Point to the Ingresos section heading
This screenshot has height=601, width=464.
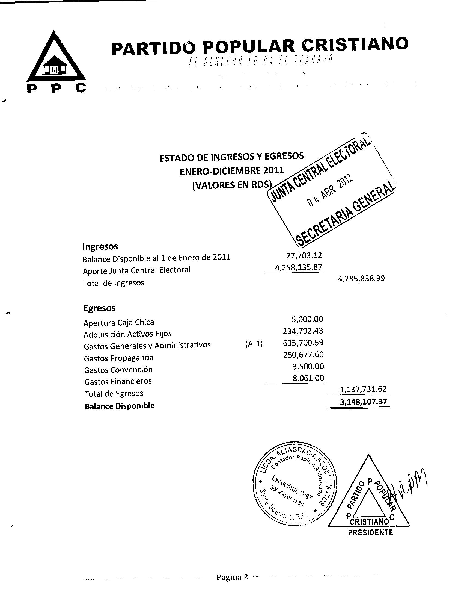click(100, 246)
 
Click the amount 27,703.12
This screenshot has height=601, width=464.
click(304, 255)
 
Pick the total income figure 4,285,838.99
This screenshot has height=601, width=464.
click(361, 278)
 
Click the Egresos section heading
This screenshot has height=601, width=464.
click(100, 308)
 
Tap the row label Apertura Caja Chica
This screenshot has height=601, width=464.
click(119, 322)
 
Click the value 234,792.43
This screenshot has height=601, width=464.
click(303, 331)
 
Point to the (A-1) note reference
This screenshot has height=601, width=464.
click(254, 344)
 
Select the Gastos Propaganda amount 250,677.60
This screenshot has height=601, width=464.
click(303, 354)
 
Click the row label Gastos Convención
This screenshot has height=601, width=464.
click(118, 370)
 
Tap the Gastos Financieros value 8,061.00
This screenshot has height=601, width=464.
click(308, 378)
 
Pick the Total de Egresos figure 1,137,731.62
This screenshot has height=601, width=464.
click(363, 389)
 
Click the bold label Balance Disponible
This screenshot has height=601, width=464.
click(120, 406)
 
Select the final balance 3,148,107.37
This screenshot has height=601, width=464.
click(363, 402)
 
